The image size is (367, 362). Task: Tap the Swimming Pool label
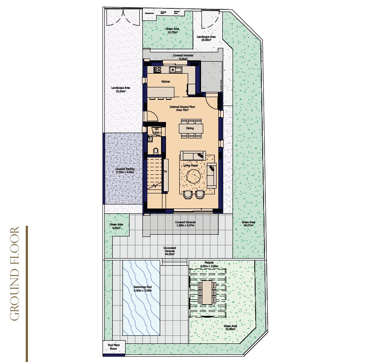[142, 289]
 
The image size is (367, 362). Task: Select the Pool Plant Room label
[114, 347]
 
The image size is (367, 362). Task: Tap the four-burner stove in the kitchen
[157, 70]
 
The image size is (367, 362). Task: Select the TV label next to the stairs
[165, 171]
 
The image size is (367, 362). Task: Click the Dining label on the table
[190, 128]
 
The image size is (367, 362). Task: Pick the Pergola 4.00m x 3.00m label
[209, 264]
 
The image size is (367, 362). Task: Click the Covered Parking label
[125, 171]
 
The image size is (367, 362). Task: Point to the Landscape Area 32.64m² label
[121, 90]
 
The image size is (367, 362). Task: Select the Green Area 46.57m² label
[248, 224]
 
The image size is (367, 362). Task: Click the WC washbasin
[150, 138]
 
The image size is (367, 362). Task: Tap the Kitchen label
[166, 82]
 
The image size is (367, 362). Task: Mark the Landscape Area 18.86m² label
[206, 38]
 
